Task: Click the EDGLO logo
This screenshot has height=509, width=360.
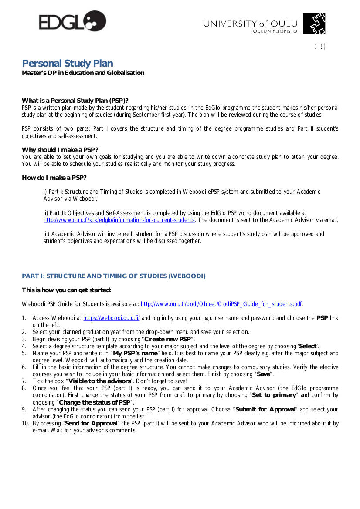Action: click(72, 21)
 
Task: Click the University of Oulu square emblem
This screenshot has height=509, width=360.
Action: click(314, 24)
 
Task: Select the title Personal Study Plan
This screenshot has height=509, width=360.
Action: click(68, 64)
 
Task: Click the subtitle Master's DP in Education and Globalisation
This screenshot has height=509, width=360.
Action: click(83, 73)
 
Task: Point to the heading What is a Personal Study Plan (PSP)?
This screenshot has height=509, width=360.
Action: click(75, 101)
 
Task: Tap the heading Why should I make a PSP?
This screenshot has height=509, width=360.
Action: click(60, 150)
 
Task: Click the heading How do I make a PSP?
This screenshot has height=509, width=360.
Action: click(54, 178)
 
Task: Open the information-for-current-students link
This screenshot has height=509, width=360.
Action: click(119, 220)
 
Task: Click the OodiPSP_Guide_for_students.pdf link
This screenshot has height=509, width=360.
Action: click(221, 304)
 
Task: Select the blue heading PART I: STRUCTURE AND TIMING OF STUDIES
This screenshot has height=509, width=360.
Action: click(113, 276)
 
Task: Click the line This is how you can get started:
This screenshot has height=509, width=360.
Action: click(66, 290)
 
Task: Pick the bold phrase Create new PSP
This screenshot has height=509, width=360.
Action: click(168, 339)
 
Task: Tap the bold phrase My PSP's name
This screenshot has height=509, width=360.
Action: click(135, 353)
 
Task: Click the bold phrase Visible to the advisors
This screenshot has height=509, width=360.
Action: click(99, 381)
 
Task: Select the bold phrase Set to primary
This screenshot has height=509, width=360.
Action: click(274, 395)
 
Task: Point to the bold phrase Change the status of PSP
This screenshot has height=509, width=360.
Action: click(95, 402)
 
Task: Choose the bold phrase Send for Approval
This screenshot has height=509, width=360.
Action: click(91, 423)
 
